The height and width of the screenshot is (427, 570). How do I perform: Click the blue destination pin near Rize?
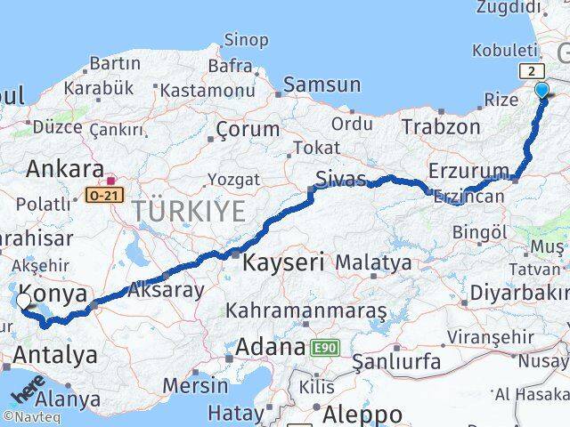click(541, 89)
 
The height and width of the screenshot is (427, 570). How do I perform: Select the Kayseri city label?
click(282, 262)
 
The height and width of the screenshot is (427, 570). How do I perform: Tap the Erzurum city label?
click(468, 170)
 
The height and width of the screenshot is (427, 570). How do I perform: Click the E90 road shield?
click(322, 348)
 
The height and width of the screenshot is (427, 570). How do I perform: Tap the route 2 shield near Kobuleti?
click(531, 71)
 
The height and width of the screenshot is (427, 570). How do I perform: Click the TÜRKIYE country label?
click(188, 212)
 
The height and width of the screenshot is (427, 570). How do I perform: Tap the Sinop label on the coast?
click(246, 39)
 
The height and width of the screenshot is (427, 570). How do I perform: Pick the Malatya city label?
click(373, 262)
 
